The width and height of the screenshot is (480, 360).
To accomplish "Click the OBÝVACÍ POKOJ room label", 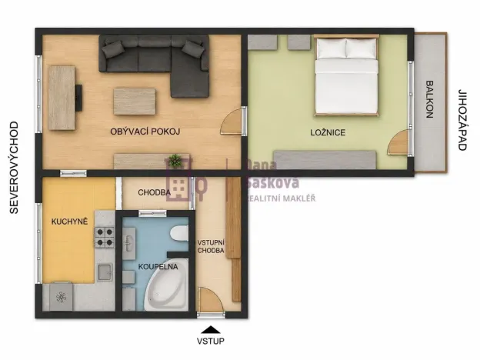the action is tap(145, 132).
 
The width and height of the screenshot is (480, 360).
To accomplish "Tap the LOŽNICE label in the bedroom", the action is tap(328, 132).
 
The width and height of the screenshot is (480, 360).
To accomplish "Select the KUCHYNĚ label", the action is tap(69, 222).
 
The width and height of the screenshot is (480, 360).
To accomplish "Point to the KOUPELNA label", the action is tap(158, 267).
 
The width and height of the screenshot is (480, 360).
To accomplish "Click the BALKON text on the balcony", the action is tap(429, 99).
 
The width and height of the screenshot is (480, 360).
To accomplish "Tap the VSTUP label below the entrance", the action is tap(210, 341).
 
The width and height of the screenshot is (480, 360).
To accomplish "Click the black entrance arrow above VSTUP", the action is tap(211, 329).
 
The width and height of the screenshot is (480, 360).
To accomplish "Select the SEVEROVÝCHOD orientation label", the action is tap(14, 168).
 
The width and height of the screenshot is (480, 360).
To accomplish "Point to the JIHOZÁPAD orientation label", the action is tap(462, 120).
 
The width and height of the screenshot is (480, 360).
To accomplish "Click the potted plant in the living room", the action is tap(175, 161).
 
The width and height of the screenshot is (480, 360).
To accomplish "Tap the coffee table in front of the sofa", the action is tap(135, 102).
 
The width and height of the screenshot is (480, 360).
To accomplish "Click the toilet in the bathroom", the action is tap(179, 234).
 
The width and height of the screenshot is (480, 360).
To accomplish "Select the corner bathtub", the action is tap(166, 285).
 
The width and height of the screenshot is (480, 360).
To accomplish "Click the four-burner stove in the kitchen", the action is tap(104, 237).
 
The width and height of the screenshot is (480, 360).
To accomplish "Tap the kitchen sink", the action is tap(105, 272).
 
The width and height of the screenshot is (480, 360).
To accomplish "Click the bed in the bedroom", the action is tap(346, 75).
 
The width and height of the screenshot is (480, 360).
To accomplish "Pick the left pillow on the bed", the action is tap(331, 48).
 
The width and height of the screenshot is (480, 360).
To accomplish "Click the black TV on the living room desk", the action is tap(78, 98).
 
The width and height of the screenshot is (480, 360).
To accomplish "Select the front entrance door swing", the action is tap(210, 300).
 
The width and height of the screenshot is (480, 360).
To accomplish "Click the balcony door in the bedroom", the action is tap(399, 142).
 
